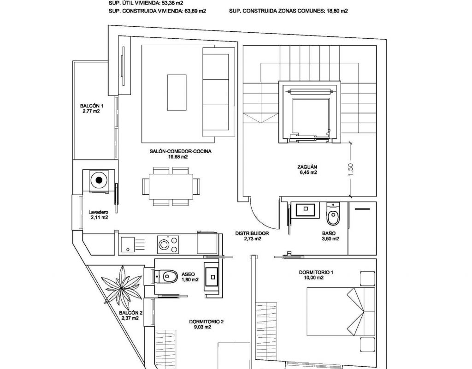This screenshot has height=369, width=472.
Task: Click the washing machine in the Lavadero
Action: tap(99, 180)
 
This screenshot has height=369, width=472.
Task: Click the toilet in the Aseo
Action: tap(166, 276)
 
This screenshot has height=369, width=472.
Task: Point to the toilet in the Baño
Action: tap(333, 214)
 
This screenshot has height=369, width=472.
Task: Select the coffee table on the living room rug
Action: tap(177, 92)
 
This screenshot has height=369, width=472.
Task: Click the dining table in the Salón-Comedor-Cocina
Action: tap(171, 187)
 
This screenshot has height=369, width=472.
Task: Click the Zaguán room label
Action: tap(307, 170)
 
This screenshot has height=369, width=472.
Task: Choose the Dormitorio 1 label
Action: tap(316, 275)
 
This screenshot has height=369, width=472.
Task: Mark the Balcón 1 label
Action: tap(92, 108)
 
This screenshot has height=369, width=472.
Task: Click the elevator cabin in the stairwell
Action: tap(311, 115)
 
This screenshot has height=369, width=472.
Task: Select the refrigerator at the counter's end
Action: tap(207, 243)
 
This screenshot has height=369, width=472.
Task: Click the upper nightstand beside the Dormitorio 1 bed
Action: tap(367, 278)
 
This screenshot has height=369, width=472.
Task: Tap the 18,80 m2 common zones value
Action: tap(337, 11)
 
